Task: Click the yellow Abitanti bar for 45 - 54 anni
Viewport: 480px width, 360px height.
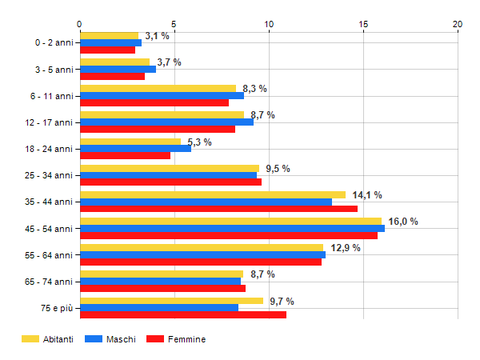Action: [230, 221]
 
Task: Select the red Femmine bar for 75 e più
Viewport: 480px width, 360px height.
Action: [182, 314]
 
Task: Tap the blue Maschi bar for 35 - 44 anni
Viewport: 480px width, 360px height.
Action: [206, 202]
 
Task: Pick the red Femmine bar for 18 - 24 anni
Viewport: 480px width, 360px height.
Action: [125, 155]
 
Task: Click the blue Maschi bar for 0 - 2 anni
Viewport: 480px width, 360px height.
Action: [110, 42]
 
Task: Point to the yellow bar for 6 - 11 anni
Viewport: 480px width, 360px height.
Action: [158, 88]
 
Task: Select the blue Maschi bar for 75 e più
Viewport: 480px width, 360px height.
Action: [158, 307]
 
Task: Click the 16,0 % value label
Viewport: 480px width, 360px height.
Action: [403, 222]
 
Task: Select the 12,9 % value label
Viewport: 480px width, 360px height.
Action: [346, 248]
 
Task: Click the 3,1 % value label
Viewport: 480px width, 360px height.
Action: [157, 36]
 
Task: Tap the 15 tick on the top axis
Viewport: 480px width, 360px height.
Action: [363, 24]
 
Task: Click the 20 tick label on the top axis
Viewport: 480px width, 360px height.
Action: [458, 24]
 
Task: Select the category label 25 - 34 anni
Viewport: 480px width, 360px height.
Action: [50, 175]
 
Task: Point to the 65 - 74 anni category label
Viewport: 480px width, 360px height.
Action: [50, 281]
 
